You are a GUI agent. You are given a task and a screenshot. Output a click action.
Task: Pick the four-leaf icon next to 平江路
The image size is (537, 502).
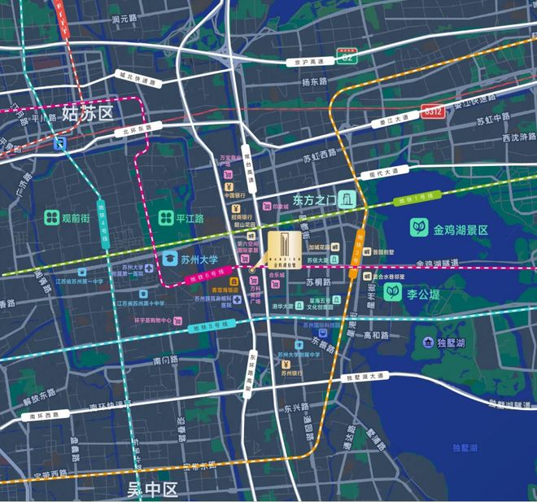165,218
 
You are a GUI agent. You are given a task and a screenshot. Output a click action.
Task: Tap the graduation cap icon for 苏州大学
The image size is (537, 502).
169,259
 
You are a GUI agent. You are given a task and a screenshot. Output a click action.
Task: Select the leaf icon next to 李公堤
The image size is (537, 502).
392,290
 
